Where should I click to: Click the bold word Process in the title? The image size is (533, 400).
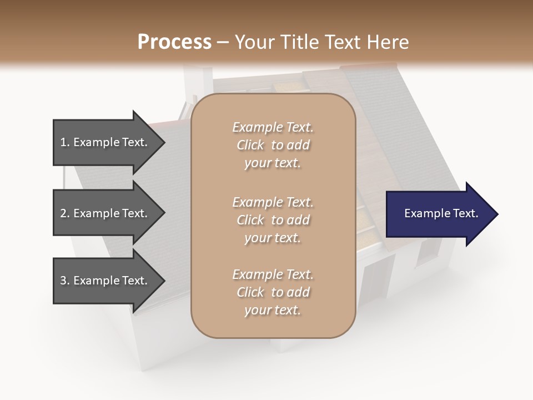coord(174,42)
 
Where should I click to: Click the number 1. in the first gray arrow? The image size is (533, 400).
coord(65,142)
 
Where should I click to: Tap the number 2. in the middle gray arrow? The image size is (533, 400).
coord(65,213)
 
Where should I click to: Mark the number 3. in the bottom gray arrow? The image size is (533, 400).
coord(65,281)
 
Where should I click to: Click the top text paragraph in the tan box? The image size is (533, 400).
coord(273,145)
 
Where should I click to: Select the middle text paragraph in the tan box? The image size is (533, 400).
coord(273,220)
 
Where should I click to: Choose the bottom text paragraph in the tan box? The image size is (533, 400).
coord(273,292)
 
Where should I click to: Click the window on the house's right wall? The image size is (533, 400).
coord(428,253)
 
